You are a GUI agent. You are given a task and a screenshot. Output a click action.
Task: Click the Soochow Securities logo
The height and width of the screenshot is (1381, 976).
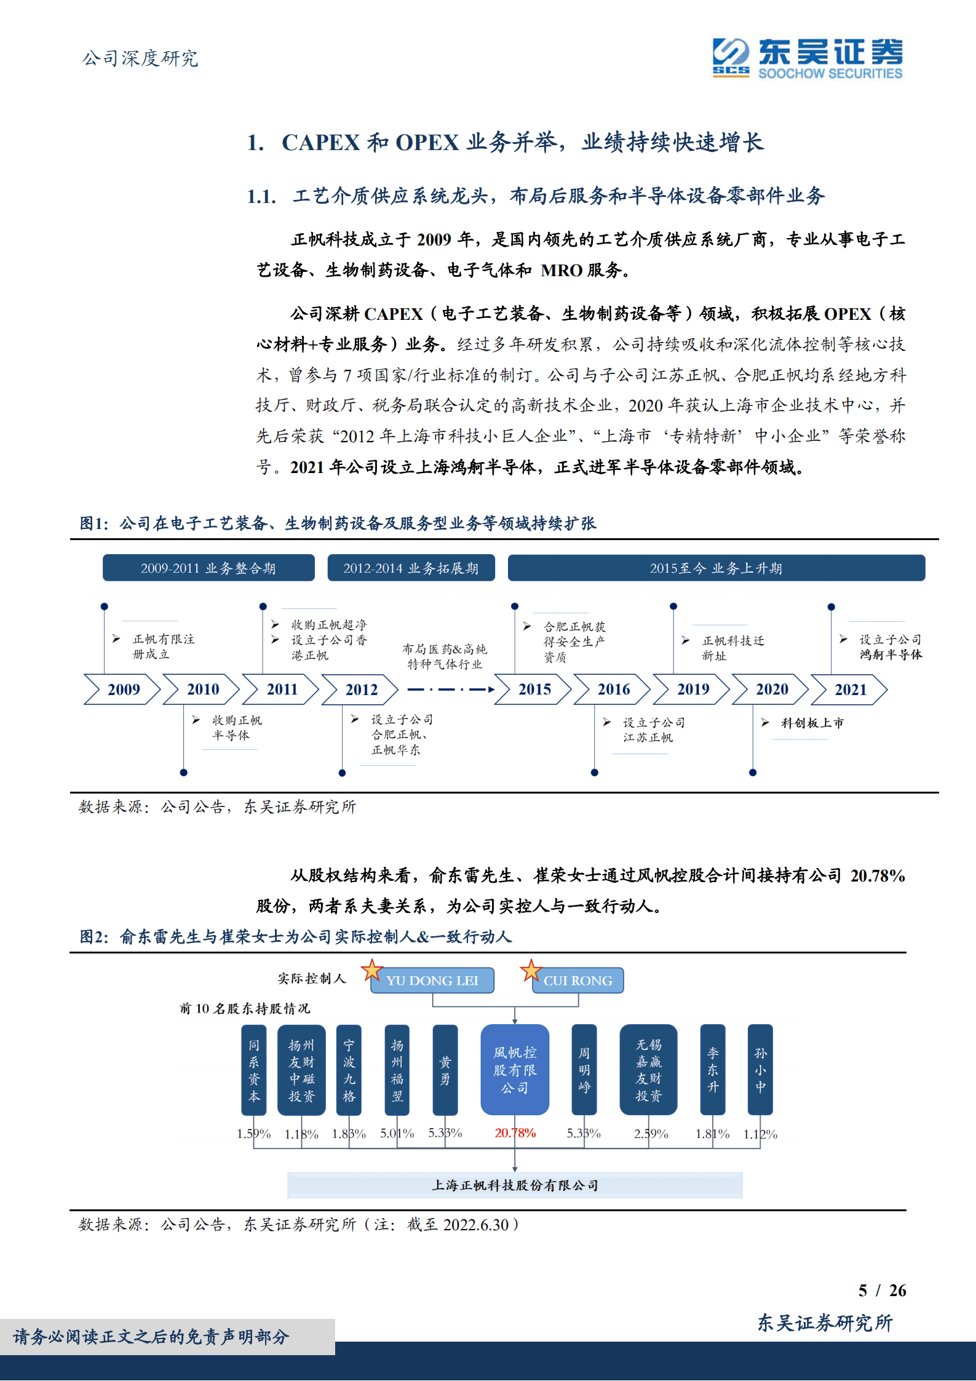[807, 58]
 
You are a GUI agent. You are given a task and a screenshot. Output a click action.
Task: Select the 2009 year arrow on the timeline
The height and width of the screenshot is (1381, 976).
[122, 690]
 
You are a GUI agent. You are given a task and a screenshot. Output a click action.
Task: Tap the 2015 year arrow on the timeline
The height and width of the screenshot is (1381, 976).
[534, 690]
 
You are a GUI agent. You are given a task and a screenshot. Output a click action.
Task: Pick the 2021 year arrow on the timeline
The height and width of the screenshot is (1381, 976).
[850, 690]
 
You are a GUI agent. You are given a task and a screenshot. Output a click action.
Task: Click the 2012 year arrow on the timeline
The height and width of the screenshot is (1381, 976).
[360, 690]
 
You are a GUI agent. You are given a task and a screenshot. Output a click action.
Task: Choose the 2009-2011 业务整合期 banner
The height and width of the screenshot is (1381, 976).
[208, 568]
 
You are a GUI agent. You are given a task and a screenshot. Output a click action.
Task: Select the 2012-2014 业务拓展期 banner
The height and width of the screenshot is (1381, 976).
[411, 568]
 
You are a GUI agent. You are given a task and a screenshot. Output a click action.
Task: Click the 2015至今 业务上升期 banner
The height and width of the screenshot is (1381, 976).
[716, 568]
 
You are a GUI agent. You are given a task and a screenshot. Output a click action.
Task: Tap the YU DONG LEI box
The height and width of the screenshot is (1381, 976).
[432, 981]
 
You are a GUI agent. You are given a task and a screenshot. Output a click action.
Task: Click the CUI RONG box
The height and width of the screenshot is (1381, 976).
[578, 981]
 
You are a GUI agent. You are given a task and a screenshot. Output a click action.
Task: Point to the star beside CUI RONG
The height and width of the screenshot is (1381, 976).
[531, 971]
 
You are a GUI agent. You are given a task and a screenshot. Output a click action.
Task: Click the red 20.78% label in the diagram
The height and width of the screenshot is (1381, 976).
[515, 1133]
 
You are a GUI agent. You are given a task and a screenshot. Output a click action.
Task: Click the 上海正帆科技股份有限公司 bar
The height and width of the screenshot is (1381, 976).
[515, 1185]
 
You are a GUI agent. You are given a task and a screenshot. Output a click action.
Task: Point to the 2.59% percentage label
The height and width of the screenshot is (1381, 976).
[651, 1134]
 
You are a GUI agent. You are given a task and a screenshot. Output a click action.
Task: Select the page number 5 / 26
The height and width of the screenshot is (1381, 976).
[882, 1291]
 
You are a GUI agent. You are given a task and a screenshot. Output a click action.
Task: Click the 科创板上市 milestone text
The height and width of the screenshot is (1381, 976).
[812, 723]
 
